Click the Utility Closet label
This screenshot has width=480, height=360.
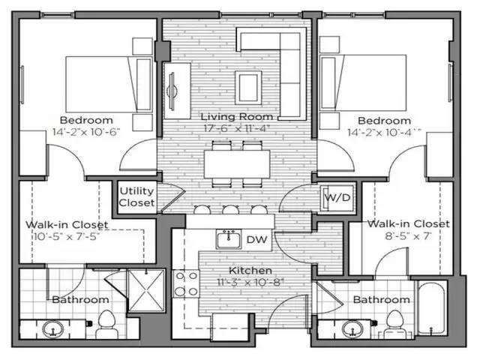click(x=136, y=197)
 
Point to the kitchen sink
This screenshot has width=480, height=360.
click(x=228, y=240)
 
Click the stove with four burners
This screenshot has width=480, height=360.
click(x=186, y=283)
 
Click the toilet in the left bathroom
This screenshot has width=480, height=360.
click(x=104, y=323)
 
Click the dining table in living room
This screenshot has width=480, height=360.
click(x=235, y=160)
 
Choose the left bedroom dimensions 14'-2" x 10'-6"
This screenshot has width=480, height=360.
click(x=86, y=131)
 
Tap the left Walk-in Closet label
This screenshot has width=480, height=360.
click(x=67, y=224)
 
